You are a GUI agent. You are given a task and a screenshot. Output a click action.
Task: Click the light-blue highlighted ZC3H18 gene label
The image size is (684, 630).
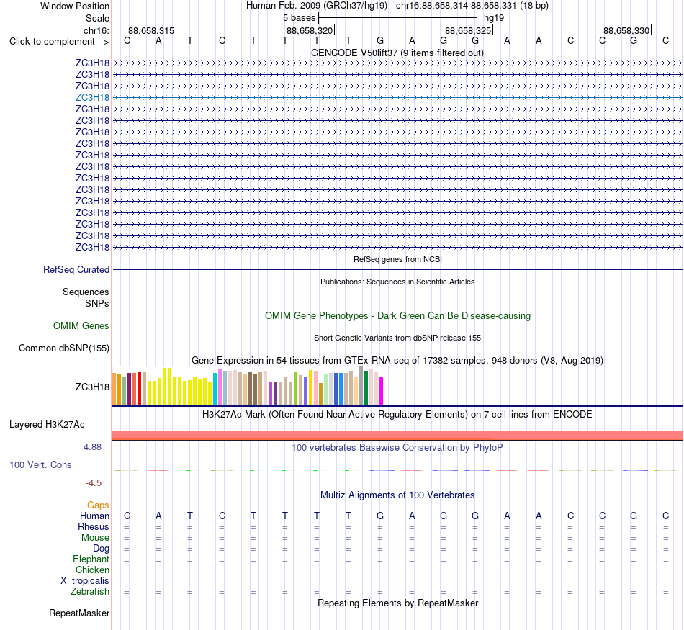coord(92,97)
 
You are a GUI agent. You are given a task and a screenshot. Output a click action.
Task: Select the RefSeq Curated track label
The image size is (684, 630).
coord(76,269)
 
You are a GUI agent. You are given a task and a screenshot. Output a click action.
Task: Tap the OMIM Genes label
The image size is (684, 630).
coord(81,325)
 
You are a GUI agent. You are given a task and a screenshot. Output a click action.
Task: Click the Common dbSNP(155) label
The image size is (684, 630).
coord(64,348)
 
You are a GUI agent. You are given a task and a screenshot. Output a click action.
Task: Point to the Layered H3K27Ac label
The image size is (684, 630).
coord(47,425)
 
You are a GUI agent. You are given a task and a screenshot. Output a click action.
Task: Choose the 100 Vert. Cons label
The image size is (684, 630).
coord(40,464)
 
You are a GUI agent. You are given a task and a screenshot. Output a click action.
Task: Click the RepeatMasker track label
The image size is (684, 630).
coord(79,613)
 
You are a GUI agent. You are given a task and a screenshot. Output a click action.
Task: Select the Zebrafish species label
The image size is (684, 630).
coord(90,592)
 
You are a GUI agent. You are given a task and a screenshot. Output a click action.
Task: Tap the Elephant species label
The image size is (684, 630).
coord(91,559)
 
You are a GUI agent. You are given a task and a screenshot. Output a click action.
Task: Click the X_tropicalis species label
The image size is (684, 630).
coord(85,581)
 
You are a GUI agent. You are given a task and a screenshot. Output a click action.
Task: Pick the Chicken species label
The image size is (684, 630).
coord(92,570)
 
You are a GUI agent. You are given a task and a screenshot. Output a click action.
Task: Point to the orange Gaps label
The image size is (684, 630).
coord(98,505)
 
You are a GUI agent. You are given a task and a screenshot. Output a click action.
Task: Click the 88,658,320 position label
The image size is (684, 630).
coord(310,30)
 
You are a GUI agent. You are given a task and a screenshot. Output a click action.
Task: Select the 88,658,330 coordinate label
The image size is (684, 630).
coord(626,30)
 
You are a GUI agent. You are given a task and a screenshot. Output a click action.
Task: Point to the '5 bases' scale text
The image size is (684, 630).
coord(300,18)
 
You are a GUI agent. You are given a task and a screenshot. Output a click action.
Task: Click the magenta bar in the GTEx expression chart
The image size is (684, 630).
coord(382,391)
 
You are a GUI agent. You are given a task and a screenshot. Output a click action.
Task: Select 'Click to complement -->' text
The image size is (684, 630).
coord(59,42)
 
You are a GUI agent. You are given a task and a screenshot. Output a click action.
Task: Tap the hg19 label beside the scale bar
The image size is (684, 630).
coord(494,18)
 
